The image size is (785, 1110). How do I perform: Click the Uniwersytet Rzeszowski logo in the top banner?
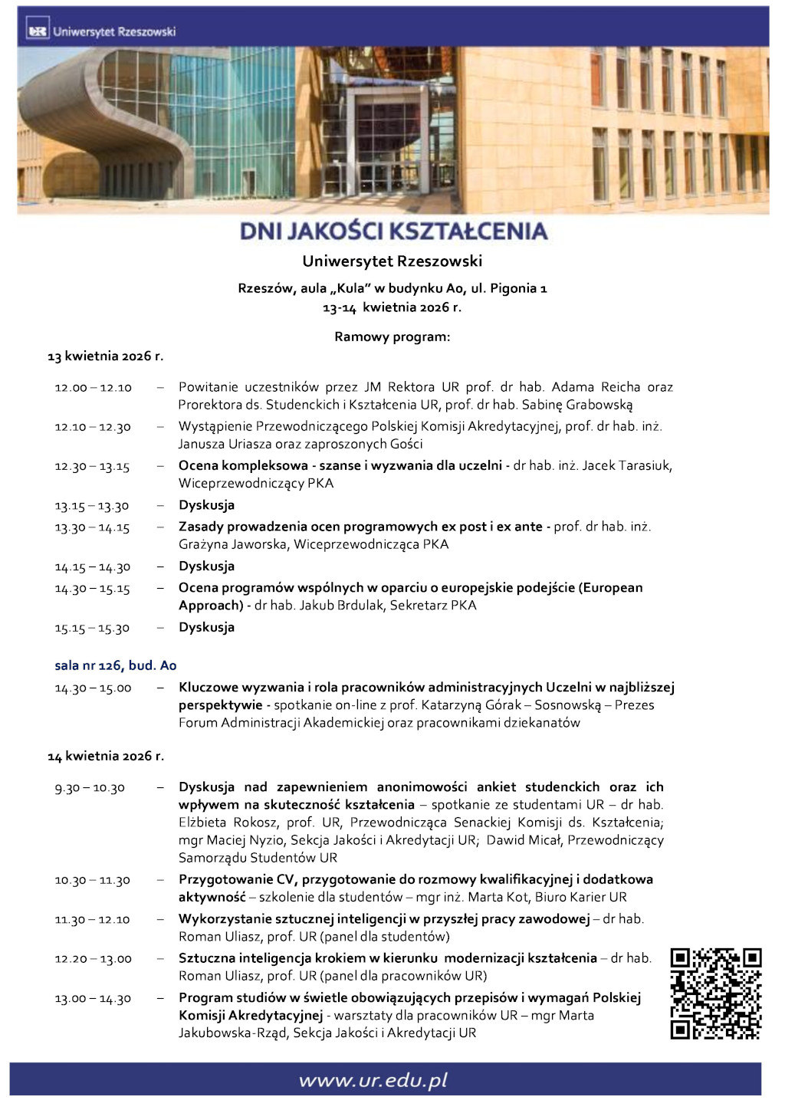point(101,31)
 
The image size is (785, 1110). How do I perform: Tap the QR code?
point(715,993)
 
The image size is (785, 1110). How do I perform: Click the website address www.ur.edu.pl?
point(373,1080)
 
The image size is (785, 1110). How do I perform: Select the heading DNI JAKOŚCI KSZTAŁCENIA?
point(393,231)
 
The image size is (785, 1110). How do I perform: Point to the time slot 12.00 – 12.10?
point(93,388)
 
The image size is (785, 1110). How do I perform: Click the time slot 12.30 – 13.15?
point(92,467)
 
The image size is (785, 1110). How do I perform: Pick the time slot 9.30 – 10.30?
point(89,788)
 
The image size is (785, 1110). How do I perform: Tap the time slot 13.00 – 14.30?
point(93,999)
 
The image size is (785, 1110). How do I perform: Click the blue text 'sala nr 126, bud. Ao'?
point(116,665)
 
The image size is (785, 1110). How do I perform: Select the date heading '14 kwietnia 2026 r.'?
point(106,756)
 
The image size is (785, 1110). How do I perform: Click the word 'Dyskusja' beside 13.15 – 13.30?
point(206,505)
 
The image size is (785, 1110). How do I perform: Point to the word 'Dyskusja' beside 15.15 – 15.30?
point(206,627)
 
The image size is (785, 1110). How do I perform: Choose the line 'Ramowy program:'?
point(392,337)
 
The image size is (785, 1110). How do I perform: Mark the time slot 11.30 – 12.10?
point(92,920)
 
